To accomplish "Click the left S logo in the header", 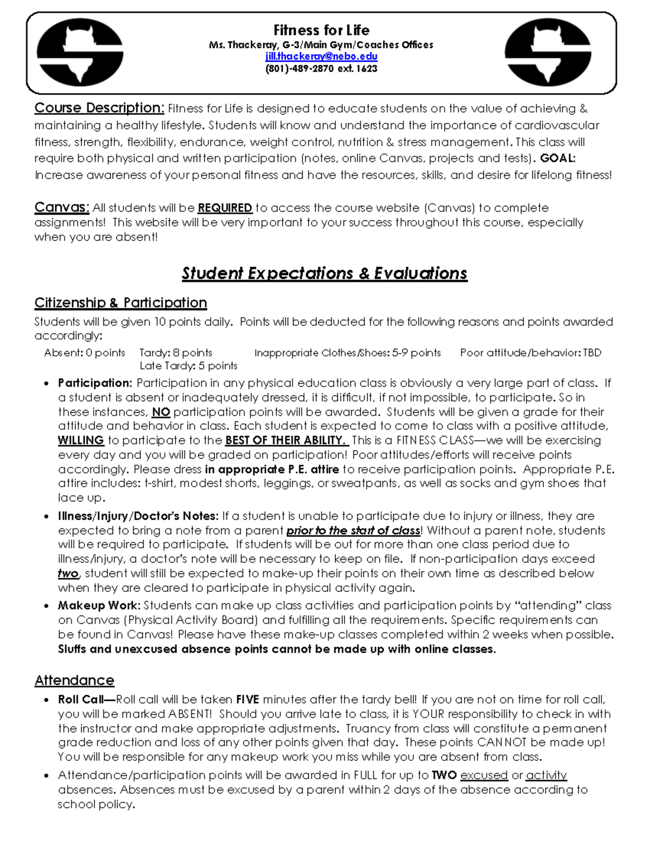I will click(x=80, y=53).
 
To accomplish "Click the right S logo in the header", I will click(x=548, y=53).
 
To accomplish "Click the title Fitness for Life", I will click(x=321, y=30).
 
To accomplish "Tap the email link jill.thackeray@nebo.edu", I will click(x=321, y=56).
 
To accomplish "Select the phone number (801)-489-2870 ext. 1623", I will click(x=321, y=69).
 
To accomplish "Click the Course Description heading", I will click(x=99, y=108).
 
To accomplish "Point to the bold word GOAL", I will click(x=557, y=158).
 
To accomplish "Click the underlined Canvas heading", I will click(x=62, y=207).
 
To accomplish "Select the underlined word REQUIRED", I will click(x=225, y=208).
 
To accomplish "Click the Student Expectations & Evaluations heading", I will click(x=324, y=273).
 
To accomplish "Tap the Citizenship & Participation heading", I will click(x=120, y=302).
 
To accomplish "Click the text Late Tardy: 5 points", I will click(x=188, y=366).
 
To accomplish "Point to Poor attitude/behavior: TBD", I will click(x=531, y=353).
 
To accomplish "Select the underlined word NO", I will click(x=161, y=412).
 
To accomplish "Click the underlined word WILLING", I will click(x=81, y=440).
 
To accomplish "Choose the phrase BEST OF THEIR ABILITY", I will click(x=285, y=440).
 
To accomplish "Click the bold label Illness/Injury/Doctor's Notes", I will click(x=138, y=516).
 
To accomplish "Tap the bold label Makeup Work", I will click(x=99, y=605).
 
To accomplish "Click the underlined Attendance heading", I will click(x=74, y=680).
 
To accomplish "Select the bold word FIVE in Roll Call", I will click(x=248, y=700).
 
